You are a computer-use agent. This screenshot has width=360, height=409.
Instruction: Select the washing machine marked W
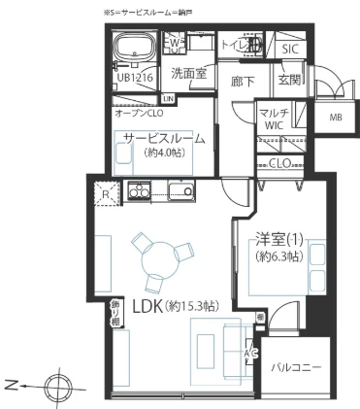coord(174,45)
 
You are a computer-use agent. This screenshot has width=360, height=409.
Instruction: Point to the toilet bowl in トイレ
coord(254,45)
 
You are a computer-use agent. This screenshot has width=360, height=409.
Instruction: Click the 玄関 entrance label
coord(288,79)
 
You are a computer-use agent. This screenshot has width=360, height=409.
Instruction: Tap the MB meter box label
coord(336,118)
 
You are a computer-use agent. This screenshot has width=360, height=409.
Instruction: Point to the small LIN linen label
coord(169,98)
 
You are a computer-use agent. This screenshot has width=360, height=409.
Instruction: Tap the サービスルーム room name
coord(164,138)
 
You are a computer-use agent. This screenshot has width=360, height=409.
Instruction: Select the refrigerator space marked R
coord(106,193)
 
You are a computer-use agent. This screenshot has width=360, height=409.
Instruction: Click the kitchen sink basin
coord(179,189)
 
